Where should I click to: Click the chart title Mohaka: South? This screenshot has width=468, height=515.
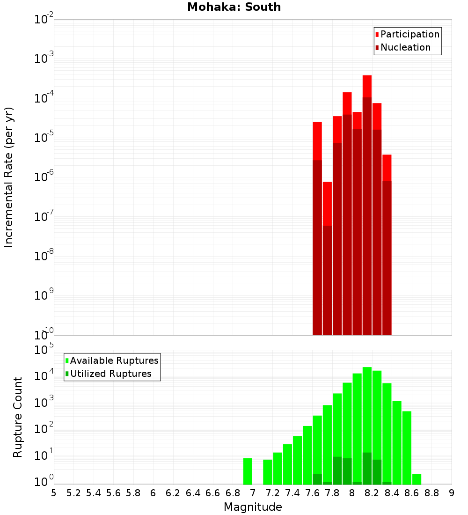234,7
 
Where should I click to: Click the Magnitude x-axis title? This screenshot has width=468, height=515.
253,507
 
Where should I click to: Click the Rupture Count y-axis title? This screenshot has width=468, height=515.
18,417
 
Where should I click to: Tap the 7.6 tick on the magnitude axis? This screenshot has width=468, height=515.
313,493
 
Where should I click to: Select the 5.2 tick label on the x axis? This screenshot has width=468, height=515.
73,493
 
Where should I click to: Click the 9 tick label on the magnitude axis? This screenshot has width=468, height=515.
452,493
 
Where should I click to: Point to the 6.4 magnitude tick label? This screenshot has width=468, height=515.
193,493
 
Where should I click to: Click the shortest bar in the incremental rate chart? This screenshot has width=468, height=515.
327,257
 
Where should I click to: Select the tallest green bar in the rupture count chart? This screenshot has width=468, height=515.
367,421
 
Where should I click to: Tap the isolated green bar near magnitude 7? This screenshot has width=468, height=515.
248,471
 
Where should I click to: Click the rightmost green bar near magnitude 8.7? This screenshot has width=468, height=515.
417,479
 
